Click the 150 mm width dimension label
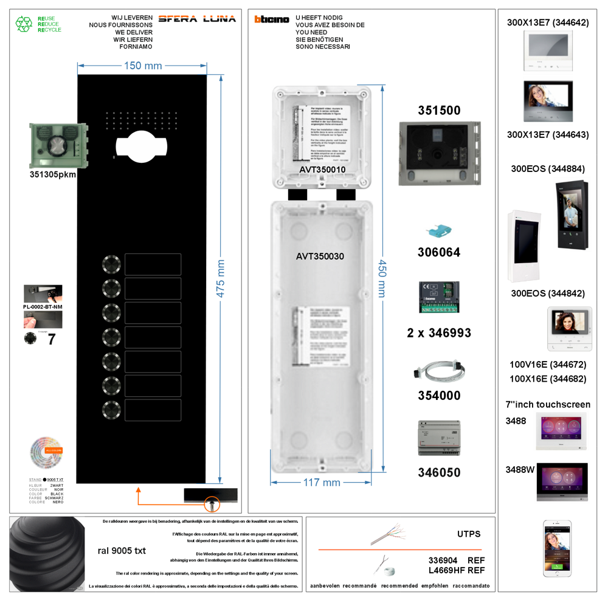(143, 66)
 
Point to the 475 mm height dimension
(221, 278)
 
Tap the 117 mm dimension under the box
(322, 483)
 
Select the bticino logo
(272, 19)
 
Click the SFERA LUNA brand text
(196, 19)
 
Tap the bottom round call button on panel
(112, 409)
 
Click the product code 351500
(439, 111)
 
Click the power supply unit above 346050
(438, 438)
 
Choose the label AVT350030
(320, 257)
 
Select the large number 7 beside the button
(52, 340)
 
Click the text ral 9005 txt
(122, 551)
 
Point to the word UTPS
(469, 534)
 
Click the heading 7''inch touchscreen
(548, 404)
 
